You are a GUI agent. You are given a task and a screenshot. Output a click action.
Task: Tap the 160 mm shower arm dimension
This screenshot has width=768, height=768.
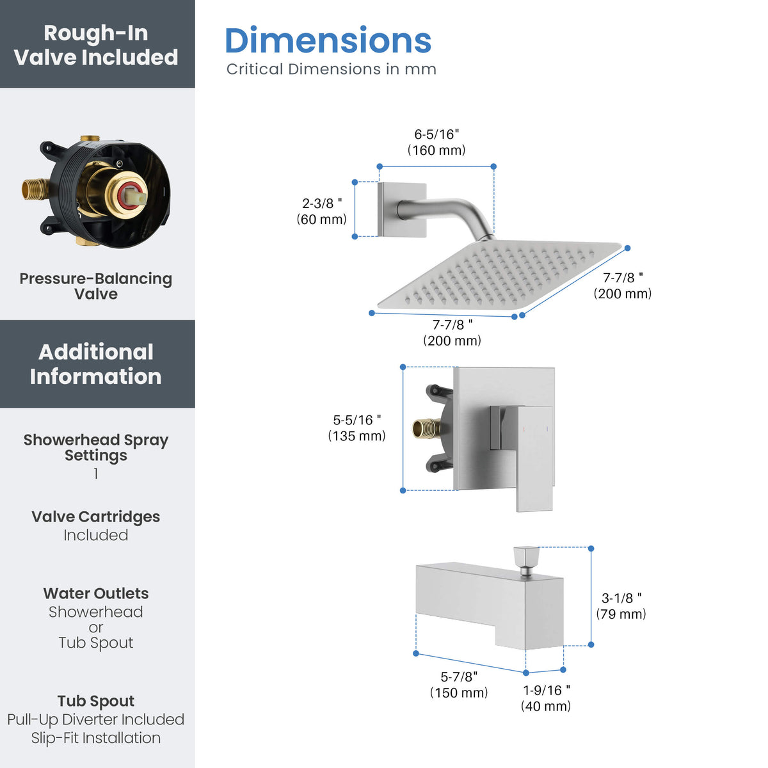436,142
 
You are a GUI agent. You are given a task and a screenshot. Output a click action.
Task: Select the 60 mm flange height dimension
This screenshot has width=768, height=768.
322,211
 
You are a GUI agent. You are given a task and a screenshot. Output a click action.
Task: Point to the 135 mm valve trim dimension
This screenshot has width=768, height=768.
356,428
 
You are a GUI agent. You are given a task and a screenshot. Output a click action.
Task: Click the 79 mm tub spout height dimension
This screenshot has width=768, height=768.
621,606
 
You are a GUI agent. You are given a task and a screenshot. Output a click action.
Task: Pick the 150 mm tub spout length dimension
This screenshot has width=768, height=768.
459,685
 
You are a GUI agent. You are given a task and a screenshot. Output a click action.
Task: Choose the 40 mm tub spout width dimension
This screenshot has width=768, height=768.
546,698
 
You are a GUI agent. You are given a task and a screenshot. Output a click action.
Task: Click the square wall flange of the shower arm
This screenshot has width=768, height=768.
402,210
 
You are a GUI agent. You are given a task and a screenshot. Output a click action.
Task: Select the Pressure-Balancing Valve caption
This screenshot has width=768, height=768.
95,286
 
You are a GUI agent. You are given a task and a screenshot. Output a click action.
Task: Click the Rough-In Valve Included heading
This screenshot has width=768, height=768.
95,45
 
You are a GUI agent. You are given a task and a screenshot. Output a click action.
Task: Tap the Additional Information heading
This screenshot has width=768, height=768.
95,364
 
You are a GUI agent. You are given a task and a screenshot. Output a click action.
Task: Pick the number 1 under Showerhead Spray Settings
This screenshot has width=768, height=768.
95,474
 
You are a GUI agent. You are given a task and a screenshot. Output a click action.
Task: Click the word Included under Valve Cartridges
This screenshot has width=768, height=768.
95,535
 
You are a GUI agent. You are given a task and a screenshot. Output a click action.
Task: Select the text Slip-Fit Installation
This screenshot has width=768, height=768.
95,738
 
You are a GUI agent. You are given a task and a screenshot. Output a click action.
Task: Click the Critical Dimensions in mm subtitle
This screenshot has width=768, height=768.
331,69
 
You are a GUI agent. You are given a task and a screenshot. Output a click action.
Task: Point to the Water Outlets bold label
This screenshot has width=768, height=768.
95,594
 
